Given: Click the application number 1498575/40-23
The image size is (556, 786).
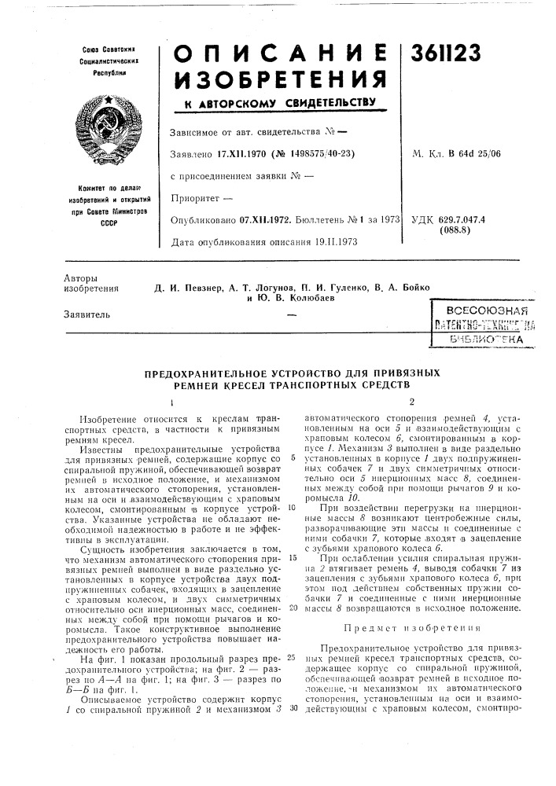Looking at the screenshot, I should point(318,153).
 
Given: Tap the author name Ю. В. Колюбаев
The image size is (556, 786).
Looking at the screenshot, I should point(289,299).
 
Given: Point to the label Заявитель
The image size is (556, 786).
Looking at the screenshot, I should point(83,315).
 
